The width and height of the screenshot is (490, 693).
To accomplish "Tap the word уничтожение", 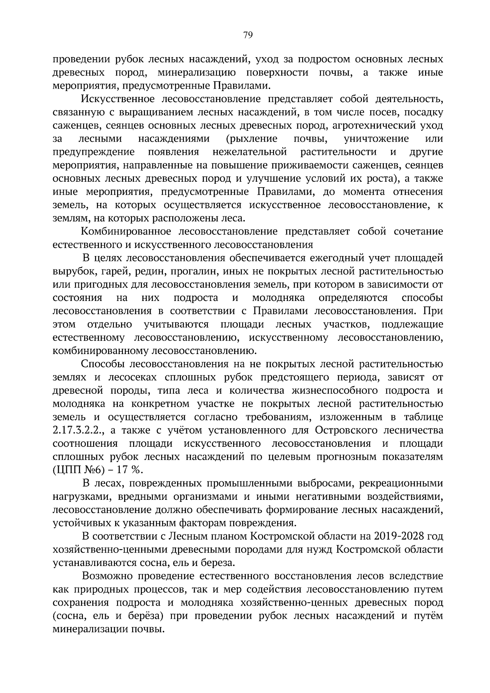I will click(376, 139).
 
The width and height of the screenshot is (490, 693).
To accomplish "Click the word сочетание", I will click(419, 232).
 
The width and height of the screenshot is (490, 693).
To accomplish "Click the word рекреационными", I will click(403, 484).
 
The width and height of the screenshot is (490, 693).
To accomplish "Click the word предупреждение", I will click(94, 152).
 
